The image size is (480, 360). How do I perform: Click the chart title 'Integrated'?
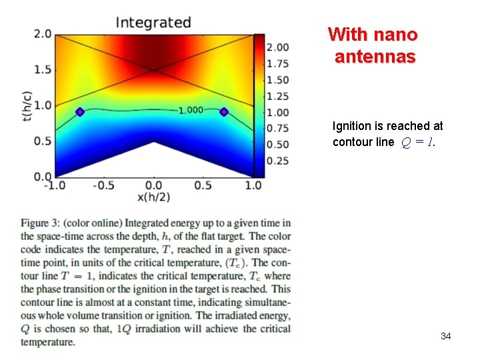coord(153,22)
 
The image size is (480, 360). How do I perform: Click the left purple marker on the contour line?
coord(79,112)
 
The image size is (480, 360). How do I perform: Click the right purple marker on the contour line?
coord(224,112)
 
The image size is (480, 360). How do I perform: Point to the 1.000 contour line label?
coord(191,110)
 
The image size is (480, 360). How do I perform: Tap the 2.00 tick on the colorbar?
coord(277,47)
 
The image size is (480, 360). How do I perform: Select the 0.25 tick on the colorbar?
coord(277,161)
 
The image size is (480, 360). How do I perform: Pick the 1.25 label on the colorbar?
coord(277,96)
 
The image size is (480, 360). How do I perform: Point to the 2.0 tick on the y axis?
coord(43,34)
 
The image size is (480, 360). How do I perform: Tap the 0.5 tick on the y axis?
coord(43,141)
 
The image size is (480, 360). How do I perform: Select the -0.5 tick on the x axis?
coord(103,185)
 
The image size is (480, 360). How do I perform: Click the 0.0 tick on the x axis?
coord(153,185)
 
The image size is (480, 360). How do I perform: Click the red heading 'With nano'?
coord(373,34)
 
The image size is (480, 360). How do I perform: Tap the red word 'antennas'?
coord(375,57)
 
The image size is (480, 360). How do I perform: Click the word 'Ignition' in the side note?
coord(351,126)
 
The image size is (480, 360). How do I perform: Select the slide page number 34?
coord(445,336)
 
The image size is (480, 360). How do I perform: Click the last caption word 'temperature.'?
coord(48,342)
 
